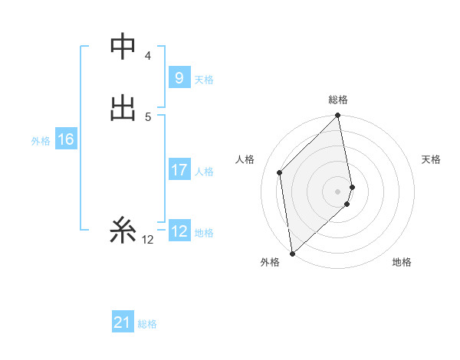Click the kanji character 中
[x=123, y=47]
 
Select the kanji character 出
[x=123, y=107]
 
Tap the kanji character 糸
[x=123, y=229]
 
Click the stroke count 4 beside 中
[x=147, y=56]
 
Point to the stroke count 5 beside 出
[x=147, y=116]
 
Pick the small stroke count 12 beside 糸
[x=147, y=240]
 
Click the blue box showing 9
[x=179, y=78]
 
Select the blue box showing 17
[x=179, y=169]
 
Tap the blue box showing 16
[x=66, y=139]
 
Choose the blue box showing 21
[x=123, y=322]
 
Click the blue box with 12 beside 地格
[x=179, y=231]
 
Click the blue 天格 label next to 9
[x=204, y=80]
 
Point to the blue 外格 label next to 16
[x=41, y=141]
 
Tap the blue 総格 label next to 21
[x=147, y=324]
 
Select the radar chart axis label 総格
[x=338, y=100]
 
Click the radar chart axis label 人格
[x=245, y=159]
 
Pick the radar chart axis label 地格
[x=402, y=262]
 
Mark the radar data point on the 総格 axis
[x=338, y=116]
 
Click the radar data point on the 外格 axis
[x=291, y=253]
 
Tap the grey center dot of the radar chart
[x=338, y=191]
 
